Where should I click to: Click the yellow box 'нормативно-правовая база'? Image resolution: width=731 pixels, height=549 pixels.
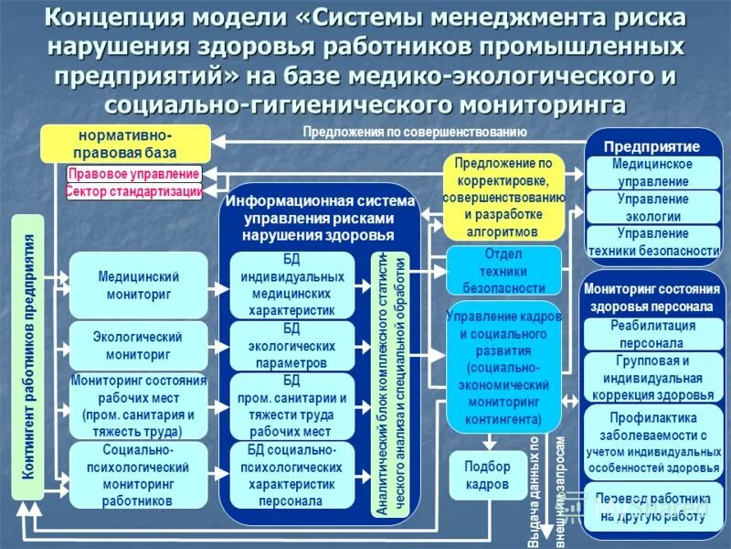(x=124, y=145)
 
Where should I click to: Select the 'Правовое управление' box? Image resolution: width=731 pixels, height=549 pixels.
(x=133, y=174)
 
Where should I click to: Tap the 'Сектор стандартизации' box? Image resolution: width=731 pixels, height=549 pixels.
(x=133, y=191)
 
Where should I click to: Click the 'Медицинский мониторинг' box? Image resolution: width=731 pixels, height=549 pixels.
(x=138, y=285)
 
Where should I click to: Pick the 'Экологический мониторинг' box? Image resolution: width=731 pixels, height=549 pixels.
(x=138, y=346)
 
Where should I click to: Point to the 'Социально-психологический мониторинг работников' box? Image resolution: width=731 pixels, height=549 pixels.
(x=138, y=476)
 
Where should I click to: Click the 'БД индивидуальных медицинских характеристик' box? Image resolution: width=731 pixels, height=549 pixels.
(x=292, y=285)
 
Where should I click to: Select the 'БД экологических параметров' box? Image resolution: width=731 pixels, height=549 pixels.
(x=292, y=346)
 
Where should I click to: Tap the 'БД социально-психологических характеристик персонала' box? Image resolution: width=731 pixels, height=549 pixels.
(x=292, y=476)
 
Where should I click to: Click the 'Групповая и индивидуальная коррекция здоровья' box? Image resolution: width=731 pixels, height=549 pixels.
(x=652, y=378)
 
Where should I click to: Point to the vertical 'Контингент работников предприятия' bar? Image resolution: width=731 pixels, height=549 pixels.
(x=28, y=357)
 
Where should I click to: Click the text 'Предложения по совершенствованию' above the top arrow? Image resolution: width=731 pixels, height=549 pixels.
(x=415, y=132)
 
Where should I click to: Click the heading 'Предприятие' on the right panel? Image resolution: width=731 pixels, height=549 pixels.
(x=652, y=146)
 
